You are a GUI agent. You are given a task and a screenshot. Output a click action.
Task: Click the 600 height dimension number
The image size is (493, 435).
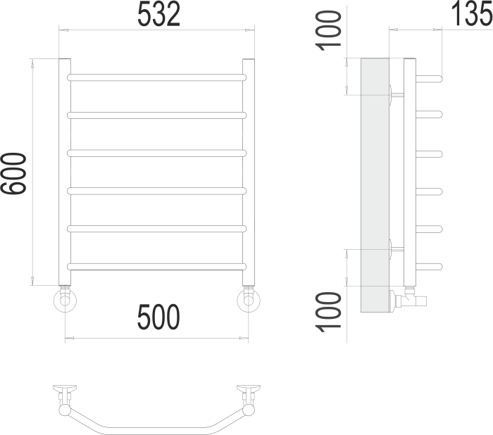click(x=14, y=173)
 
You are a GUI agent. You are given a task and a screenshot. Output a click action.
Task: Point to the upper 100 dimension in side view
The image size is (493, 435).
click(x=329, y=30)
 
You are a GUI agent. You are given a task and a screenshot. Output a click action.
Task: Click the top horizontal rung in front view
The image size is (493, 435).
click(x=156, y=77)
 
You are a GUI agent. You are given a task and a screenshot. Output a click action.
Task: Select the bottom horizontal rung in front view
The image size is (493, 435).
click(x=156, y=266)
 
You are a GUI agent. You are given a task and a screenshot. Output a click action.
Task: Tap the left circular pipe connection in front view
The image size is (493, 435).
click(x=65, y=301)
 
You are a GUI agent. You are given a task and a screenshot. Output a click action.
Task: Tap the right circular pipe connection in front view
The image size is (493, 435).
click(x=248, y=301)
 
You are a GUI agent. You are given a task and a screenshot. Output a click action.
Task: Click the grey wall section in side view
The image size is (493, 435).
click(x=374, y=183)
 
